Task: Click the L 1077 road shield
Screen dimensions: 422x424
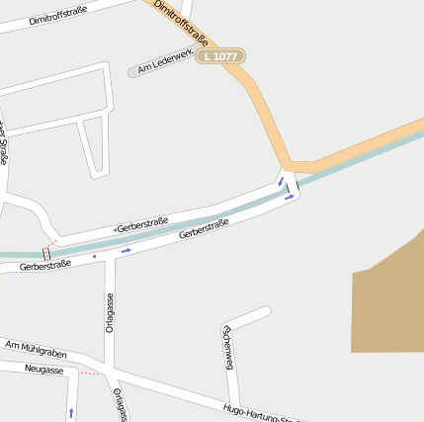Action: pyautogui.click(x=219, y=57)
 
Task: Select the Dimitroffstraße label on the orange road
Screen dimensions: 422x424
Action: pyautogui.click(x=181, y=25)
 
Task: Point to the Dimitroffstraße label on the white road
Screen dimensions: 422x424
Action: pyautogui.click(x=57, y=15)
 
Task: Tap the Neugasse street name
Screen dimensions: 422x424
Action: pyautogui.click(x=43, y=370)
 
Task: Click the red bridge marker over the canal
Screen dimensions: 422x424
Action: pyautogui.click(x=46, y=253)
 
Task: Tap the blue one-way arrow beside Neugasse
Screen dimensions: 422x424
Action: pyautogui.click(x=71, y=409)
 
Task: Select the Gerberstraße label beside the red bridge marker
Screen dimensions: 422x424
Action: pyautogui.click(x=45, y=267)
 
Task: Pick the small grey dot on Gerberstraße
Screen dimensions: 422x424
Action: pyautogui.click(x=95, y=257)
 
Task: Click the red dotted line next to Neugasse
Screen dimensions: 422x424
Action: pyautogui.click(x=90, y=374)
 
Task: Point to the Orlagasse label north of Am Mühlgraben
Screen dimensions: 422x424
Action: pyautogui.click(x=110, y=313)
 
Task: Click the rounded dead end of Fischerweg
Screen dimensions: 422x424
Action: pyautogui.click(x=265, y=312)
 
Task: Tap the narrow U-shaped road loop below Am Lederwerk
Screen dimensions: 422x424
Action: pyautogui.click(x=95, y=148)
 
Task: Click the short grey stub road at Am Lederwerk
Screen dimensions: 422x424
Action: pyautogui.click(x=132, y=72)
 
